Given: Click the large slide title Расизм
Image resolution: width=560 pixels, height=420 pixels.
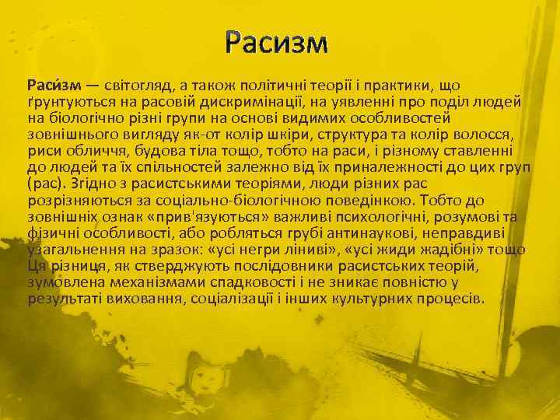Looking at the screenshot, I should coord(278,44).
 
